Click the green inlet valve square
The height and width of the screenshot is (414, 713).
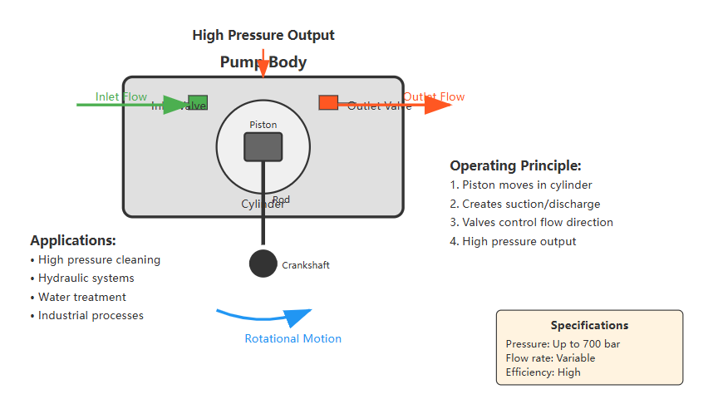tap(198, 102)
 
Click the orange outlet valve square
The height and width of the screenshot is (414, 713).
tap(328, 102)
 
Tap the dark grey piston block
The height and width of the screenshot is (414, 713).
tap(263, 146)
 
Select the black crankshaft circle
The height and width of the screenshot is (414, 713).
tap(263, 264)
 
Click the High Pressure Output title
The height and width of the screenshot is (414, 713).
tap(263, 35)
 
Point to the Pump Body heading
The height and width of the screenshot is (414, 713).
tap(263, 62)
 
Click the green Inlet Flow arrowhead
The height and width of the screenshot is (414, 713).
tap(177, 105)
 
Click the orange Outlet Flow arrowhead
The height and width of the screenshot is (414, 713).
tap(437, 105)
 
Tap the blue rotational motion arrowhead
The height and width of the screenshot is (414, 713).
tap(298, 318)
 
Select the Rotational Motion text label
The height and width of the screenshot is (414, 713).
tap(293, 338)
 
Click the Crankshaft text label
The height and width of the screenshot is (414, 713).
tap(306, 265)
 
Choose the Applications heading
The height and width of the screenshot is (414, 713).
tap(73, 240)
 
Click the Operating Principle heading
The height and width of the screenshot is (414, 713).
tap(515, 165)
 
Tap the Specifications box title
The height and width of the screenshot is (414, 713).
tap(589, 325)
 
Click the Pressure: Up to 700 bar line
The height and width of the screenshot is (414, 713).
tap(563, 344)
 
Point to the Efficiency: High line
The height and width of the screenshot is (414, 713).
tap(543, 372)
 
